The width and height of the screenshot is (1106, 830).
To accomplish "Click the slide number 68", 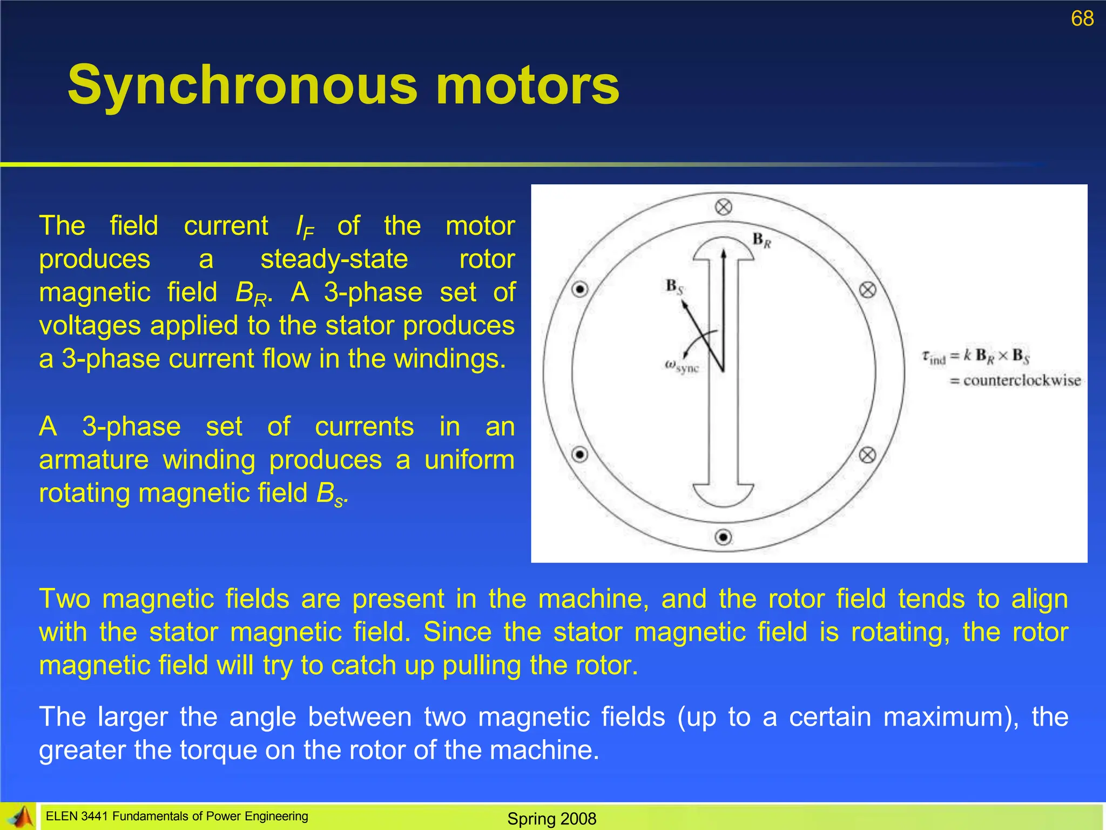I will (x=1082, y=18).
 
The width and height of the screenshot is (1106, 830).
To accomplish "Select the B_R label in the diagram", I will (x=761, y=240).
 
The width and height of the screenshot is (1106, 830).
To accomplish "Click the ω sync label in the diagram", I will (x=682, y=366).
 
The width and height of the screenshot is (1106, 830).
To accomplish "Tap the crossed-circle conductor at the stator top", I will (x=724, y=207).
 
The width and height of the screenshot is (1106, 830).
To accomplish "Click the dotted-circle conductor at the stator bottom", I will (x=724, y=537).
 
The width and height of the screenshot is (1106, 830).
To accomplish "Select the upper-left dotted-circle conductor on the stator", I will (x=580, y=290).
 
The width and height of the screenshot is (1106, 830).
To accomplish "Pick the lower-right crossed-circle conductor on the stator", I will (x=867, y=455).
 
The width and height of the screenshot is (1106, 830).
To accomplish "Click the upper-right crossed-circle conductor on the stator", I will (x=867, y=290).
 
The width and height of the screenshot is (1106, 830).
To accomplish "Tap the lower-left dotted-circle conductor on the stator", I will (x=580, y=454).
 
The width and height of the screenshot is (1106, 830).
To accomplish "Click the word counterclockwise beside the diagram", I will (x=1022, y=380).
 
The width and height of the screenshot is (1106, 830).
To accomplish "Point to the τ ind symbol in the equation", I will (x=934, y=357).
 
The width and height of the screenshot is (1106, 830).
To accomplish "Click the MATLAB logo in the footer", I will (x=19, y=816).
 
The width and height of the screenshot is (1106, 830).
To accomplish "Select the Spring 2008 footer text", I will (x=551, y=819).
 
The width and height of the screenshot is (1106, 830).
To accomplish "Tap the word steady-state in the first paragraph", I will (x=334, y=259).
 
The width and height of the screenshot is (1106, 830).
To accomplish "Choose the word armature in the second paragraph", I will (x=94, y=460).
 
